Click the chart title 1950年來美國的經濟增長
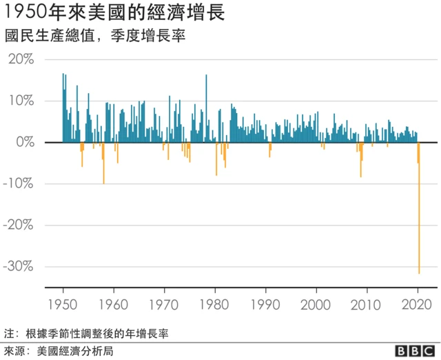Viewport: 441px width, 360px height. click(114, 14)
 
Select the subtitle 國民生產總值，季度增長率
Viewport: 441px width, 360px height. click(96, 35)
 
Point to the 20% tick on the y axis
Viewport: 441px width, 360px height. click(21, 59)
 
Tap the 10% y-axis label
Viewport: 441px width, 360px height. click(21, 101)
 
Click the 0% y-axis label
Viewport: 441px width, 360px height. click(25, 142)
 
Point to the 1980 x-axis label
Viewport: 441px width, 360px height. click(215, 303)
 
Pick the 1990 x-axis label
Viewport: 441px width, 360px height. click(266, 303)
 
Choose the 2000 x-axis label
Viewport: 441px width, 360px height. click(316, 303)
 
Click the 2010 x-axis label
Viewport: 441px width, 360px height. click(367, 303)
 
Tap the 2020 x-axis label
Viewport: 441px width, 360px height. click(418, 303)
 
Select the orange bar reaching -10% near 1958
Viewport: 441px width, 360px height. click(104, 166)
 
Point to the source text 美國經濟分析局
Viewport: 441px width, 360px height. click(75, 350)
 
